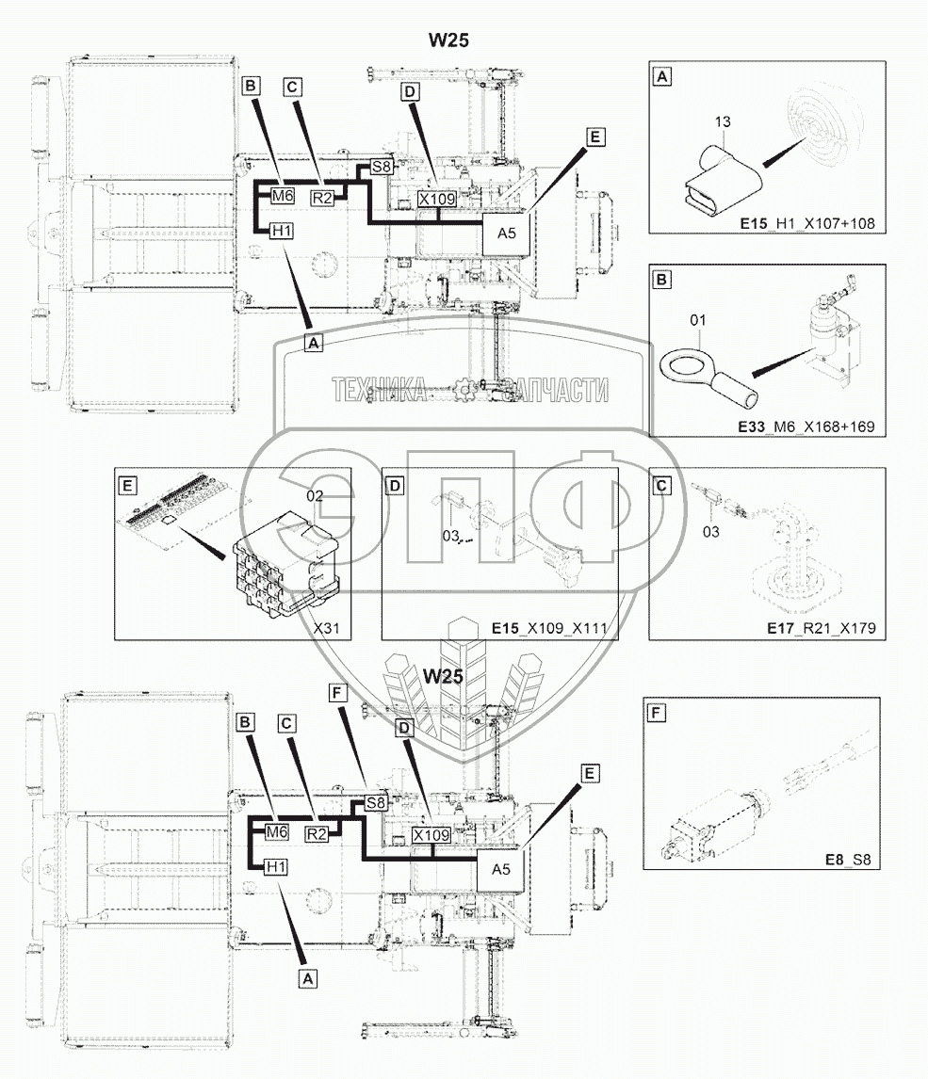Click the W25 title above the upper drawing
(x=448, y=40)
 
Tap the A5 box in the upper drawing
(x=507, y=233)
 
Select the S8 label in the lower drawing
(x=375, y=802)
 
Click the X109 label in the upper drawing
(x=437, y=199)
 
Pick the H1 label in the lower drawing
(x=276, y=867)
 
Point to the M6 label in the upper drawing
(x=283, y=196)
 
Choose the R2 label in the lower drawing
(x=317, y=834)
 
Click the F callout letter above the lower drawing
(x=337, y=692)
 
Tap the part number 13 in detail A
(x=723, y=121)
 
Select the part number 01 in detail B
(x=697, y=320)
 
